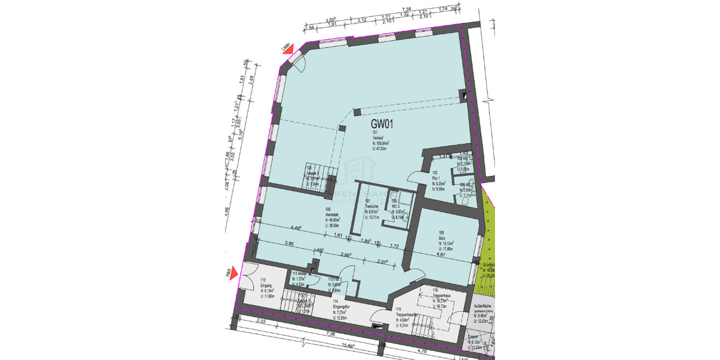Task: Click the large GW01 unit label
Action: (x=382, y=125)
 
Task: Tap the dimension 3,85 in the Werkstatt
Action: (x=288, y=244)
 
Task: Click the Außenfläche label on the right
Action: (x=483, y=307)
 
